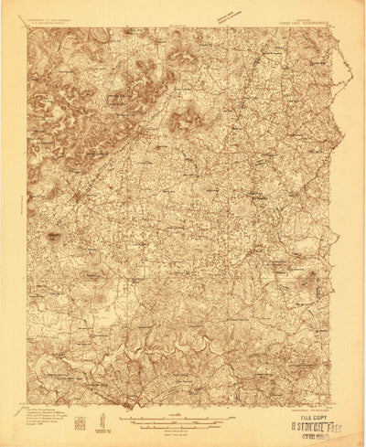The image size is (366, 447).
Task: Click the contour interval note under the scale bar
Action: (x=183, y=430)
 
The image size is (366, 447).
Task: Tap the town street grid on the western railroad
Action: (x=81, y=196)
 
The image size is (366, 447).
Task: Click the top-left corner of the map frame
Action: (x=27, y=28)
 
